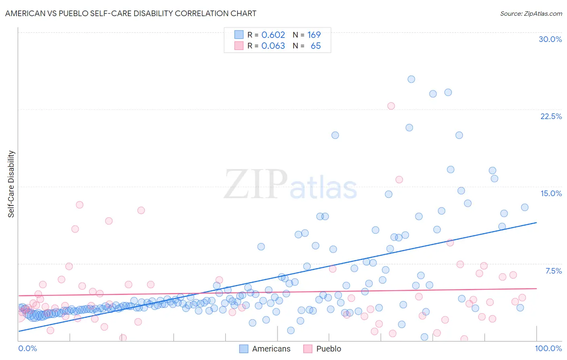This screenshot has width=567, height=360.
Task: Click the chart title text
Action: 131,13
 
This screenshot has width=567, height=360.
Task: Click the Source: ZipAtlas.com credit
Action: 531,13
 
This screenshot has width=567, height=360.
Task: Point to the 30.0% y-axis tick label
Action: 550,39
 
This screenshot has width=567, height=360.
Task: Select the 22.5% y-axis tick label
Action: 551,116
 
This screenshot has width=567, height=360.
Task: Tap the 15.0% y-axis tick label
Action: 551,193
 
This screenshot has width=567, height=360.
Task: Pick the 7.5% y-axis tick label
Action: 553,271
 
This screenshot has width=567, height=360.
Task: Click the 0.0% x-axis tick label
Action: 27,348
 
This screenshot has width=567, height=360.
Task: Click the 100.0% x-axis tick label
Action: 548,348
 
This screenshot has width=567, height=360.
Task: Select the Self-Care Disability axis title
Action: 11,184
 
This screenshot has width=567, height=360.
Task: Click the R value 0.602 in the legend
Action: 273,35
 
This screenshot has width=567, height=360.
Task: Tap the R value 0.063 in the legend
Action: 273,46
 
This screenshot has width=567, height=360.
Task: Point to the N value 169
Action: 314,35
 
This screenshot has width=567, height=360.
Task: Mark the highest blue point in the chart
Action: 411,79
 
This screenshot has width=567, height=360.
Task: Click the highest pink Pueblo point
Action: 391,106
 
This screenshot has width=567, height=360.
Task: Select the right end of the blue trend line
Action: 536,222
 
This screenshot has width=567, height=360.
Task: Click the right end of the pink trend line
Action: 536,289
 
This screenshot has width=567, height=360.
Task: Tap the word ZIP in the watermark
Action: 255,185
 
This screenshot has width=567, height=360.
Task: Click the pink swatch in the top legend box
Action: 239,46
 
